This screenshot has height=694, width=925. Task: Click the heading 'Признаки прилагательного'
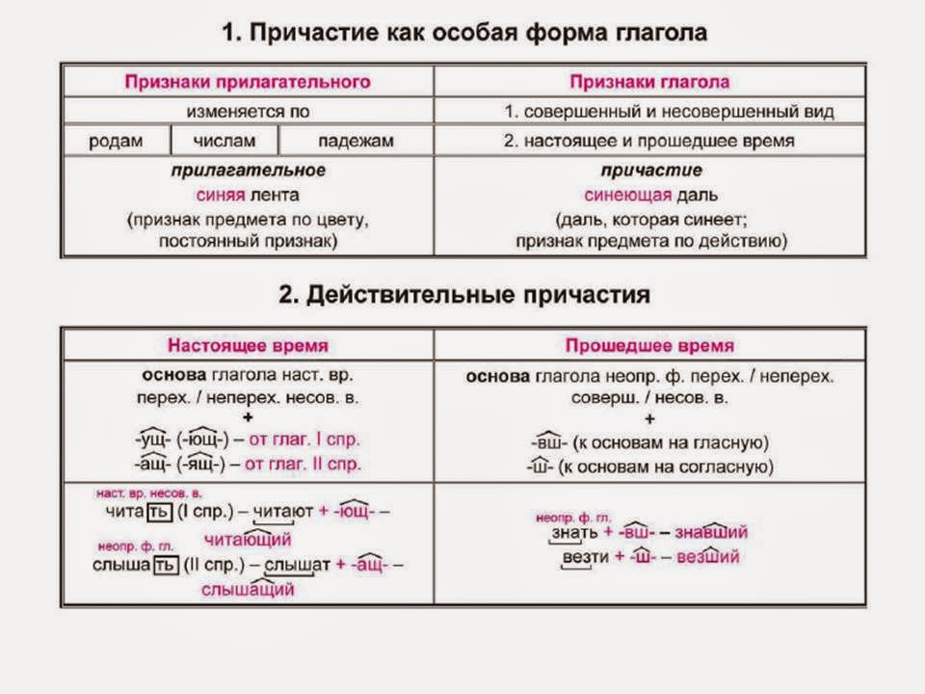coord(248,81)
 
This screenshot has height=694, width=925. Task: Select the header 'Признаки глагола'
coord(649,81)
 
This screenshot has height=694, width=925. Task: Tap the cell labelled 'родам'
coord(116,141)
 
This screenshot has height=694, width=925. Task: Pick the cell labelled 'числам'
coord(225,141)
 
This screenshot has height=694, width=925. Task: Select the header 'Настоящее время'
coord(248,345)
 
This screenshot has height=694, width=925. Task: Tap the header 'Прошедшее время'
coord(649,345)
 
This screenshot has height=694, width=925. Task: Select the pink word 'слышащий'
coord(249,590)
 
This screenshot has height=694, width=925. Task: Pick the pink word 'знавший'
coord(711,532)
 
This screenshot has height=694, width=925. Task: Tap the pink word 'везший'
coord(707,556)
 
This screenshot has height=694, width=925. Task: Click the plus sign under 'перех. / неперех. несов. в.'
coord(248,417)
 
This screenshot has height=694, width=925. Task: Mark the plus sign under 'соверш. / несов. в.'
coord(649,419)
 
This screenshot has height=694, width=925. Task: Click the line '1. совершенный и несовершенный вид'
coord(669,111)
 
